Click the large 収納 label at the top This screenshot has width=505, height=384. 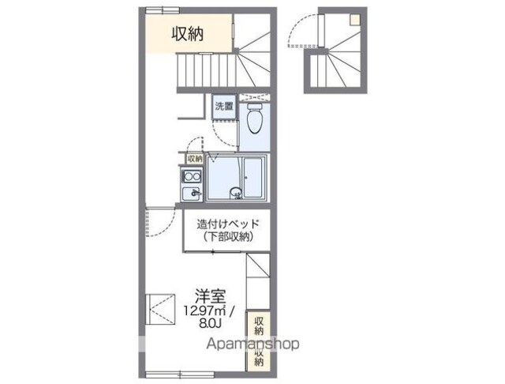click(x=188, y=33)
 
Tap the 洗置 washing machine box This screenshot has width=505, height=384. click(x=224, y=107)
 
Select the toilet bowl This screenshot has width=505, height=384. click(x=255, y=119)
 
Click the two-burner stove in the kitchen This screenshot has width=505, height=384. click(x=192, y=177)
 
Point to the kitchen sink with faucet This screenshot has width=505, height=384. click(x=192, y=194)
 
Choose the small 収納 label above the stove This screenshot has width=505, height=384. click(x=195, y=159)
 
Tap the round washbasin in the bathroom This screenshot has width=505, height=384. click(x=235, y=194)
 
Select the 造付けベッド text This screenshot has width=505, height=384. click(x=227, y=224)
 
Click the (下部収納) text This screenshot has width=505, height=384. click(x=227, y=237)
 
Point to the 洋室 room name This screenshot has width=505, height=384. click(x=211, y=296)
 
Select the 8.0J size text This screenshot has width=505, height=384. click(x=211, y=323)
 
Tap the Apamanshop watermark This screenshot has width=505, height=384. click(x=252, y=344)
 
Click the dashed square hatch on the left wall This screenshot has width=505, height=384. click(x=160, y=310)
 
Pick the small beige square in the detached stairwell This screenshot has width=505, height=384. click(x=355, y=20)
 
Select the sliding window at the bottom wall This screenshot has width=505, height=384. click(x=180, y=375)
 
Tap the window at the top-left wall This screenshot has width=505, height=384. click(x=163, y=10)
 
